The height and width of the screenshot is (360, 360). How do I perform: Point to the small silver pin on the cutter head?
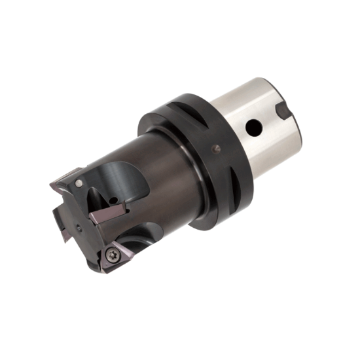click(78, 181)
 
